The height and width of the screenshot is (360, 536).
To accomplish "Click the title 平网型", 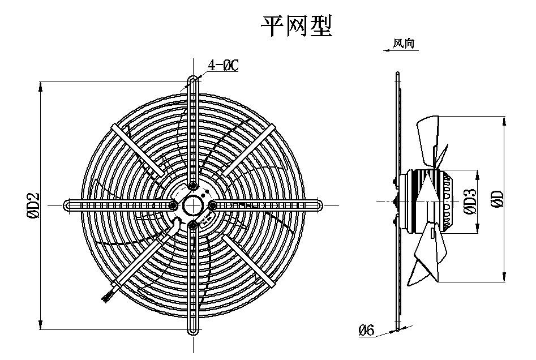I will click(x=295, y=25).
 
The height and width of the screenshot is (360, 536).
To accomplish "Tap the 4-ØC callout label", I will click(x=223, y=66).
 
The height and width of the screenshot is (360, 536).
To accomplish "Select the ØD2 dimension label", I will click(x=33, y=205).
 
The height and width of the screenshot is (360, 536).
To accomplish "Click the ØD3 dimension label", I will click(x=469, y=202).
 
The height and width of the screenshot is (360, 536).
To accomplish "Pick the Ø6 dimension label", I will click(x=367, y=330).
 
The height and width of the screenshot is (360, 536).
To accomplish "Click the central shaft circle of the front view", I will click(x=193, y=205).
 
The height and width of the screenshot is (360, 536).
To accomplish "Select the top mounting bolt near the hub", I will click(x=194, y=185).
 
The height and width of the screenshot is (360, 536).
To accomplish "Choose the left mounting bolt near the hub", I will click(x=173, y=205).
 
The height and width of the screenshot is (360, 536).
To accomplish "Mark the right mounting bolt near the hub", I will click(x=213, y=205).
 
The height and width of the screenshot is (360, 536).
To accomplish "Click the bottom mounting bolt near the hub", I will click(x=194, y=225).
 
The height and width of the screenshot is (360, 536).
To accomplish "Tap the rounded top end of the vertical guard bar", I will click(x=194, y=80).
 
